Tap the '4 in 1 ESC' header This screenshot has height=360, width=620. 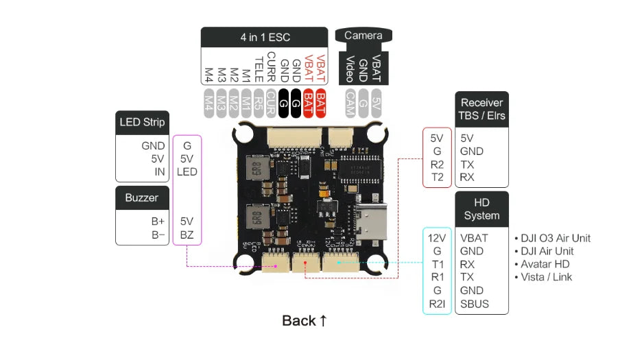coord(264,37)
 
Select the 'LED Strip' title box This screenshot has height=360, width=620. coord(142,122)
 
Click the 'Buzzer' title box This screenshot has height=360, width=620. coord(142,197)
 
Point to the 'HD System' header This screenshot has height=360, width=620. coord(481,208)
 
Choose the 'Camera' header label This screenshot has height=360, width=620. coord(363,35)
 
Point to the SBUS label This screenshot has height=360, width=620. coord(475,304)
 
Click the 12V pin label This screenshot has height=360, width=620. coord(437,238)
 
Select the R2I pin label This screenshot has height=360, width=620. coord(437,304)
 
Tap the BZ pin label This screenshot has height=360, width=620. coord(187,235)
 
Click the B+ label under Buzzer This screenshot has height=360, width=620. coord(158,221)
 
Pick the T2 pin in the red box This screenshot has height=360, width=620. coord(437,177)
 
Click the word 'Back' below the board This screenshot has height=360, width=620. coord(299,321)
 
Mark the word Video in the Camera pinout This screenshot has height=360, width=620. coord(350,69)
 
